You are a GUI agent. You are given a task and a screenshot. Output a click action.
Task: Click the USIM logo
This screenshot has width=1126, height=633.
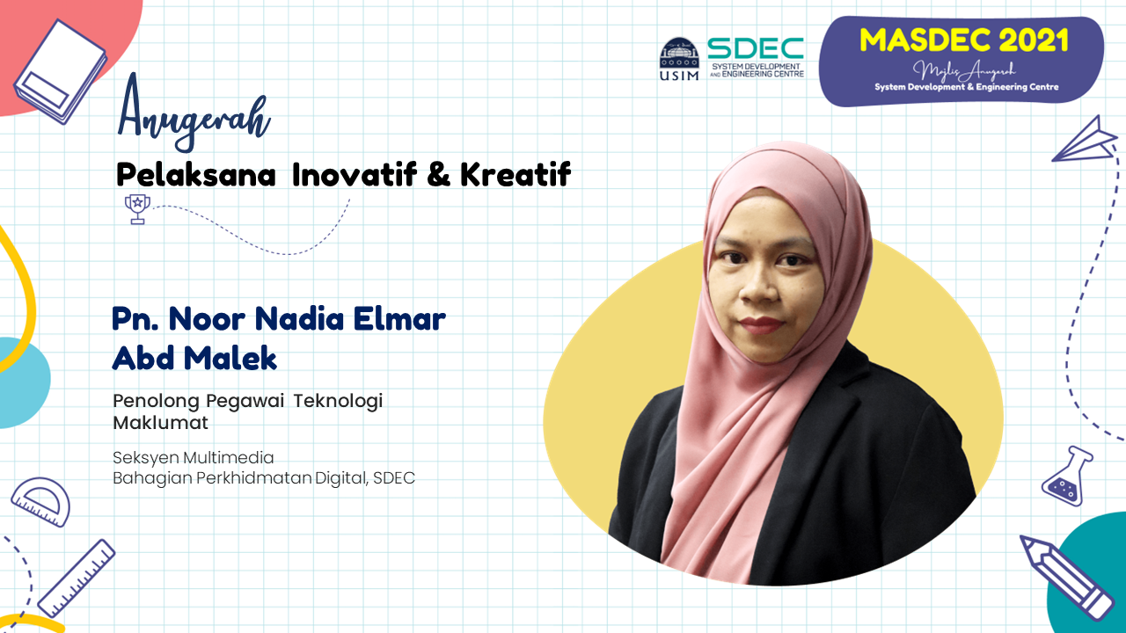pyautogui.click(x=679, y=59)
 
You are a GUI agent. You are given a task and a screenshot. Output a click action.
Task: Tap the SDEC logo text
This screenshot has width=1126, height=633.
pyautogui.click(x=756, y=48)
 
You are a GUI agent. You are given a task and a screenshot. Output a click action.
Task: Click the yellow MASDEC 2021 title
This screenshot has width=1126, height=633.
pyautogui.click(x=963, y=40)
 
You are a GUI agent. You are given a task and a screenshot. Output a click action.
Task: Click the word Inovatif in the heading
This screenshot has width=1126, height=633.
pyautogui.click(x=355, y=174)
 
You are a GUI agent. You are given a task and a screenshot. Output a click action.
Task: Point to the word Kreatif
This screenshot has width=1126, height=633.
pyautogui.click(x=515, y=174)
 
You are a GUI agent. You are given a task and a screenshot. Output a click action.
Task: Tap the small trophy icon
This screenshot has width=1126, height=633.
pyautogui.click(x=137, y=209)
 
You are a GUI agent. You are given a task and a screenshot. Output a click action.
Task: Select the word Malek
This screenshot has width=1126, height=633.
pyautogui.click(x=230, y=358)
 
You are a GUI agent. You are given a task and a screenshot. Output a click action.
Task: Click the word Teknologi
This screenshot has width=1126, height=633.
pyautogui.click(x=338, y=402)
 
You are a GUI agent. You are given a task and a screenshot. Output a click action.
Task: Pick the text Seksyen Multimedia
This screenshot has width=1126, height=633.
pyautogui.click(x=193, y=458)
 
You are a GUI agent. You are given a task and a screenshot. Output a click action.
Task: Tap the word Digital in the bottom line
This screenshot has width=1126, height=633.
pyautogui.click(x=341, y=478)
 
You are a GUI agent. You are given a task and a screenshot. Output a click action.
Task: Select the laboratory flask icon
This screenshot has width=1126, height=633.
pyautogui.click(x=1065, y=476)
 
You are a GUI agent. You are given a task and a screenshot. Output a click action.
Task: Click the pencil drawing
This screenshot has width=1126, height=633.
pyautogui.click(x=1065, y=578)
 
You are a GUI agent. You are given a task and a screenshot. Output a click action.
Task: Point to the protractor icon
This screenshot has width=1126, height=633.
pyautogui.click(x=40, y=501)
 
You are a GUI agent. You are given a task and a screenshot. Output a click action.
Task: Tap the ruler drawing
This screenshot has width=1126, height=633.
pyautogui.click(x=77, y=578)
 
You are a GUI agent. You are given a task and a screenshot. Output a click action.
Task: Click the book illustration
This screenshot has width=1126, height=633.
pyautogui.click(x=61, y=71)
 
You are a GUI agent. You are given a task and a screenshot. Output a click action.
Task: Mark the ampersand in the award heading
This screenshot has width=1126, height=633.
pyautogui.click(x=439, y=174)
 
